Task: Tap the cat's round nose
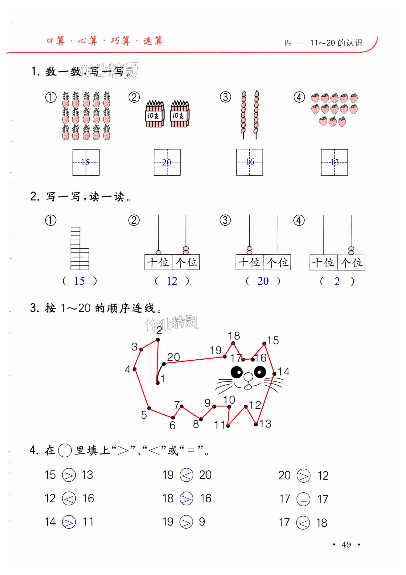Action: point(248,377)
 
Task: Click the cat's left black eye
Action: point(237,372)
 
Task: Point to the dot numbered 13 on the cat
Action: point(256,424)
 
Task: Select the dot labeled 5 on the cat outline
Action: point(149,408)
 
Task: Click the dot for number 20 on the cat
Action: point(164,364)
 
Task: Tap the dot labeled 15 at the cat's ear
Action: point(264,344)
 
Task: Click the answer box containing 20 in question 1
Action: point(167,162)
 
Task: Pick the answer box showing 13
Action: point(334,162)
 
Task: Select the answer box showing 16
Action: point(249,162)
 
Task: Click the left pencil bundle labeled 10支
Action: point(155,114)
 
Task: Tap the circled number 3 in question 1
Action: point(225,97)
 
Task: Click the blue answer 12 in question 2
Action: point(172,281)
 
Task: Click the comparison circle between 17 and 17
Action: point(303,499)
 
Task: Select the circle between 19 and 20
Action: point(186,475)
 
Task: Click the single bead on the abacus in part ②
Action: point(158,252)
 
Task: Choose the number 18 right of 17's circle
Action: point(321,523)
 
